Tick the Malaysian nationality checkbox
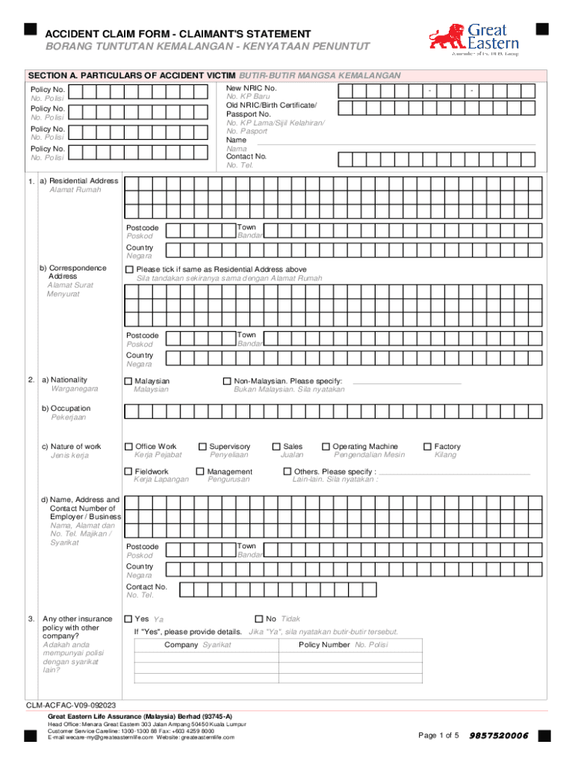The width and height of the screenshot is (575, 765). pos(128,381)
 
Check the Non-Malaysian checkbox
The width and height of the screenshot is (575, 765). pos(229,381)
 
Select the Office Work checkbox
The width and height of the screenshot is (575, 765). pos(128,447)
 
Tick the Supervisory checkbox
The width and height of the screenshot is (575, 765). pos(202,447)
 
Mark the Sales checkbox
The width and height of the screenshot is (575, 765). pos(276,447)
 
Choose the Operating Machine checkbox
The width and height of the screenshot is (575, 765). pos(326,447)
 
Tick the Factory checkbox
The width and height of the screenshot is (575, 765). pos(428,447)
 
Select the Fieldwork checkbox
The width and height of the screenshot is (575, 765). pos(128,471)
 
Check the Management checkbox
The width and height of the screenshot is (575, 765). pos(200,471)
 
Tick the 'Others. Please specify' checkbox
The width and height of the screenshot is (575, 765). pos(287,471)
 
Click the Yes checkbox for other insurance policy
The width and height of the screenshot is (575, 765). pos(128,619)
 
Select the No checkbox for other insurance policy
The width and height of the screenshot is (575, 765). pos(259,619)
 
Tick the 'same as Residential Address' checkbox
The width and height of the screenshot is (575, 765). pos(129,269)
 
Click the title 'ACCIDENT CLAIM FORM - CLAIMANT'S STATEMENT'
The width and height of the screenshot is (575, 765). pos(178,34)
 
